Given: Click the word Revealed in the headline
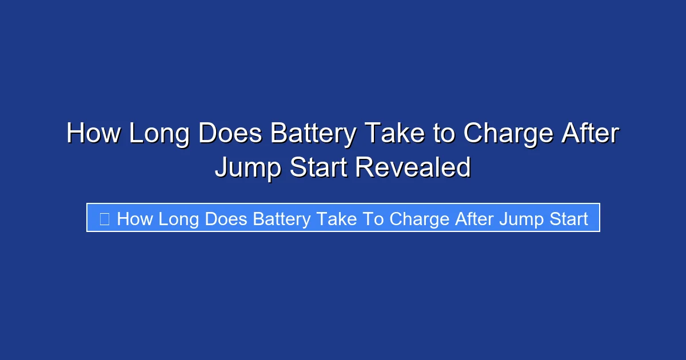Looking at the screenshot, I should pyautogui.click(x=413, y=167).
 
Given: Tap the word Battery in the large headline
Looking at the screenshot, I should pyautogui.click(x=313, y=134).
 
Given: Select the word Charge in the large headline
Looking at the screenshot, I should pyautogui.click(x=508, y=134).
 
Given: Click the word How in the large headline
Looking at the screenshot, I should pyautogui.click(x=93, y=134).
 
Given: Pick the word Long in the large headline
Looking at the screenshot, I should pyautogui.click(x=159, y=134).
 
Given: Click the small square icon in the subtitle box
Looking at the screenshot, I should pyautogui.click(x=105, y=218).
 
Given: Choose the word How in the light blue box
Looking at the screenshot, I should pyautogui.click(x=135, y=218).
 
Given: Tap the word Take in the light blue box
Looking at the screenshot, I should pyautogui.click(x=337, y=218).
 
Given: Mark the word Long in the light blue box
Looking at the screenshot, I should pyautogui.click(x=178, y=218).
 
